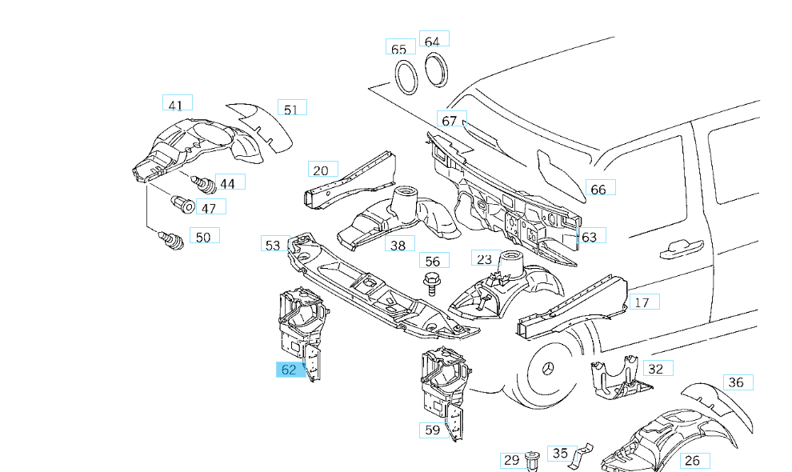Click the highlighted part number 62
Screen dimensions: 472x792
pyautogui.click(x=289, y=370)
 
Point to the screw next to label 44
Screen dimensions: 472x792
pyautogui.click(x=205, y=184)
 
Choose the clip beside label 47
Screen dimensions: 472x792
pyautogui.click(x=183, y=204)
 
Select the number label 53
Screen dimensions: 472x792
pyautogui.click(x=273, y=245)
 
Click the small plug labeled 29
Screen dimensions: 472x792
pyautogui.click(x=533, y=459)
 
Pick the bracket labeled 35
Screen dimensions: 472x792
pyautogui.click(x=575, y=454)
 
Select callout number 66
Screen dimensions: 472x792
pyautogui.click(x=598, y=189)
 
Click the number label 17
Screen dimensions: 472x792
pyautogui.click(x=642, y=302)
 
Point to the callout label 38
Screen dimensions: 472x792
pyautogui.click(x=398, y=245)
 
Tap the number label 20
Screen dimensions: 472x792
pyautogui.click(x=321, y=170)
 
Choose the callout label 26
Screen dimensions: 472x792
pyautogui.click(x=693, y=460)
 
